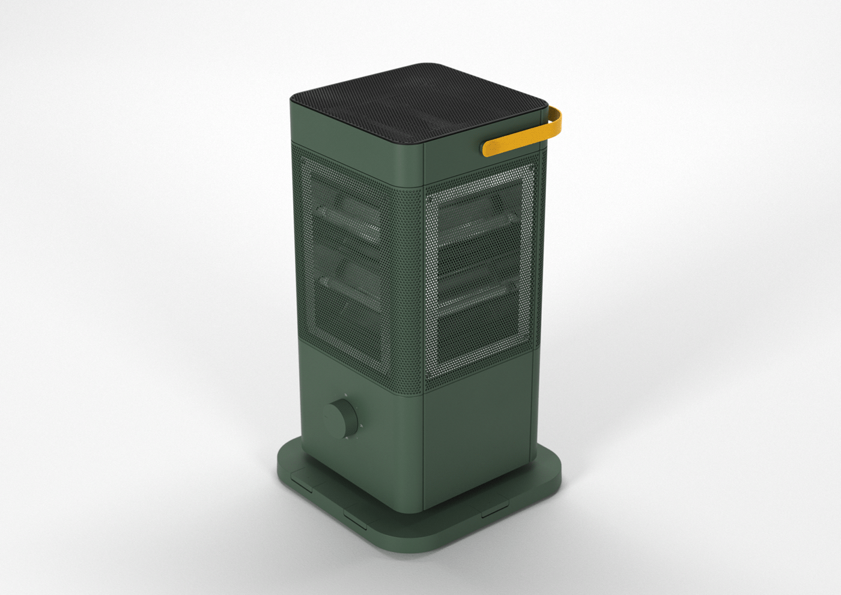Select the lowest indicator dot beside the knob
click(x=345, y=439)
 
